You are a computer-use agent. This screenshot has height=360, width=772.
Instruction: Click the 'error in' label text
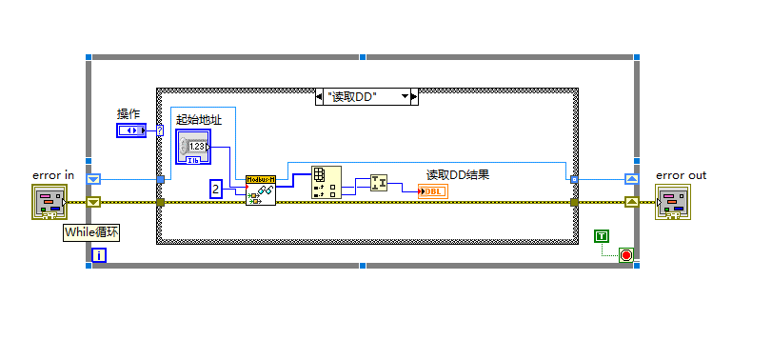[x=53, y=174]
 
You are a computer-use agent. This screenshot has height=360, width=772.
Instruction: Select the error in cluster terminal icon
[x=49, y=202]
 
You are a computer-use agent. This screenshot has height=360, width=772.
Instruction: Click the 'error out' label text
[x=682, y=174]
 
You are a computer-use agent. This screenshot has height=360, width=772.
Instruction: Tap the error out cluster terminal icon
[x=673, y=202]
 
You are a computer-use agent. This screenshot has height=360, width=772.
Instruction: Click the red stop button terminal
[x=625, y=254]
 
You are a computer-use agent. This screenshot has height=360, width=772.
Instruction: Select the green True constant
[x=602, y=235]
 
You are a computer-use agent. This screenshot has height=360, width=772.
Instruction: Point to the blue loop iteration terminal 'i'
[x=99, y=254]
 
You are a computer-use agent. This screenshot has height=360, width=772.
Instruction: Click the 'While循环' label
[x=92, y=231]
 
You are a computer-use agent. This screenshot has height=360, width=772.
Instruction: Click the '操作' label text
[x=129, y=114]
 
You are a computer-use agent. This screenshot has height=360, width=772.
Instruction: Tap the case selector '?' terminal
[x=160, y=130]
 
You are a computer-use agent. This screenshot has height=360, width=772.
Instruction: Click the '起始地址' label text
[x=199, y=120]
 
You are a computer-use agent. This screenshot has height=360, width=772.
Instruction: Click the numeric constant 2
[x=216, y=190]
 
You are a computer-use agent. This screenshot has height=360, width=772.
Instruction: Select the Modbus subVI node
[x=260, y=190]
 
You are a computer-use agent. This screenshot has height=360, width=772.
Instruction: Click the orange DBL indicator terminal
[x=431, y=191]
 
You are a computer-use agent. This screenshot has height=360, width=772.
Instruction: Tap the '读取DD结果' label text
[x=457, y=174]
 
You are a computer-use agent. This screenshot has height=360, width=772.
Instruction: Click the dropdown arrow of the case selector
[x=405, y=96]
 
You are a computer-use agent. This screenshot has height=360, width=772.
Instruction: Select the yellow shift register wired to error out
[x=632, y=202]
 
